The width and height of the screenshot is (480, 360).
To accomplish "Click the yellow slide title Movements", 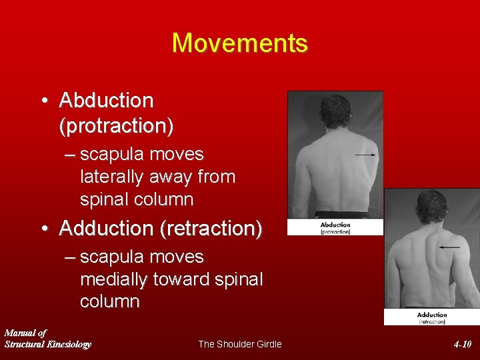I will (240, 43).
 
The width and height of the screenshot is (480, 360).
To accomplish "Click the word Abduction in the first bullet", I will (106, 101).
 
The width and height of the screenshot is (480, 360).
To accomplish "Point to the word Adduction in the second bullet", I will (106, 228).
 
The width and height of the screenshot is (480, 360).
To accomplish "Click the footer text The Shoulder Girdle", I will (240, 344).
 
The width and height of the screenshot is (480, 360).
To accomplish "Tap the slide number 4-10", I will (462, 344).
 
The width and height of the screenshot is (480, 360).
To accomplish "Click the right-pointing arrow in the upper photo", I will (365, 155).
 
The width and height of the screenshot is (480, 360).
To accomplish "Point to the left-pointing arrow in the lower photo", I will (449, 247).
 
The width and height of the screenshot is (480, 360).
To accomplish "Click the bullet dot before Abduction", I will (43, 101).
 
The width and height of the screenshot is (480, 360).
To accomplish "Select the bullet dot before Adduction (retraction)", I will (43, 229).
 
